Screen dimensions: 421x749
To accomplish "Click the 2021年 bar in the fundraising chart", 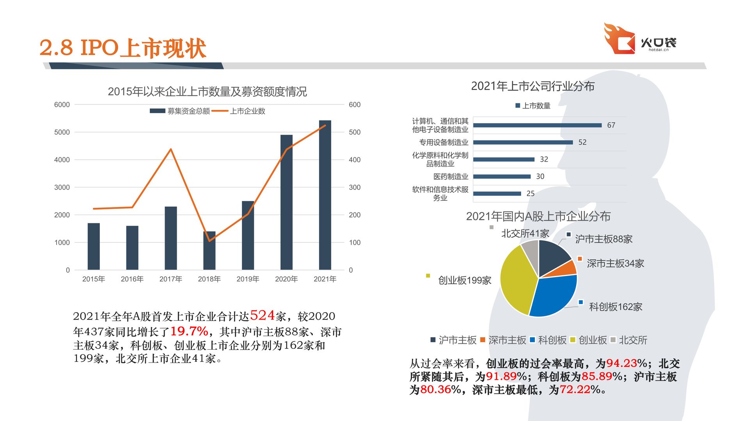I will [325, 195].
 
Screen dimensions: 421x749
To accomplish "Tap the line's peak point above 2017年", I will [171, 149].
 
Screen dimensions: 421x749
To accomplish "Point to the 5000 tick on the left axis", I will [62, 132].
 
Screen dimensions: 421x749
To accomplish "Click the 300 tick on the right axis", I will [355, 187].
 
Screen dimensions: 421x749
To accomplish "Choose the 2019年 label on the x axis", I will [248, 279].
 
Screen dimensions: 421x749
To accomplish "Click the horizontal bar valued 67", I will [537, 125].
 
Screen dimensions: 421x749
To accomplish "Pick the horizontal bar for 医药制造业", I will [502, 177].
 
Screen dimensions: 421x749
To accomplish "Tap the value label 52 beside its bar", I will [582, 142].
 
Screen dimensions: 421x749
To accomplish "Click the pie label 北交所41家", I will [525, 233].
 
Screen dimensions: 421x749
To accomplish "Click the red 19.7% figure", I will [189, 331].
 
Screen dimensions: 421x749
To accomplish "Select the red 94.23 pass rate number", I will [621, 363].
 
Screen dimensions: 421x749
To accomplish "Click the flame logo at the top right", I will [619, 39].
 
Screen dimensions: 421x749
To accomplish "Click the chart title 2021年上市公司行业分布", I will [532, 86].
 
